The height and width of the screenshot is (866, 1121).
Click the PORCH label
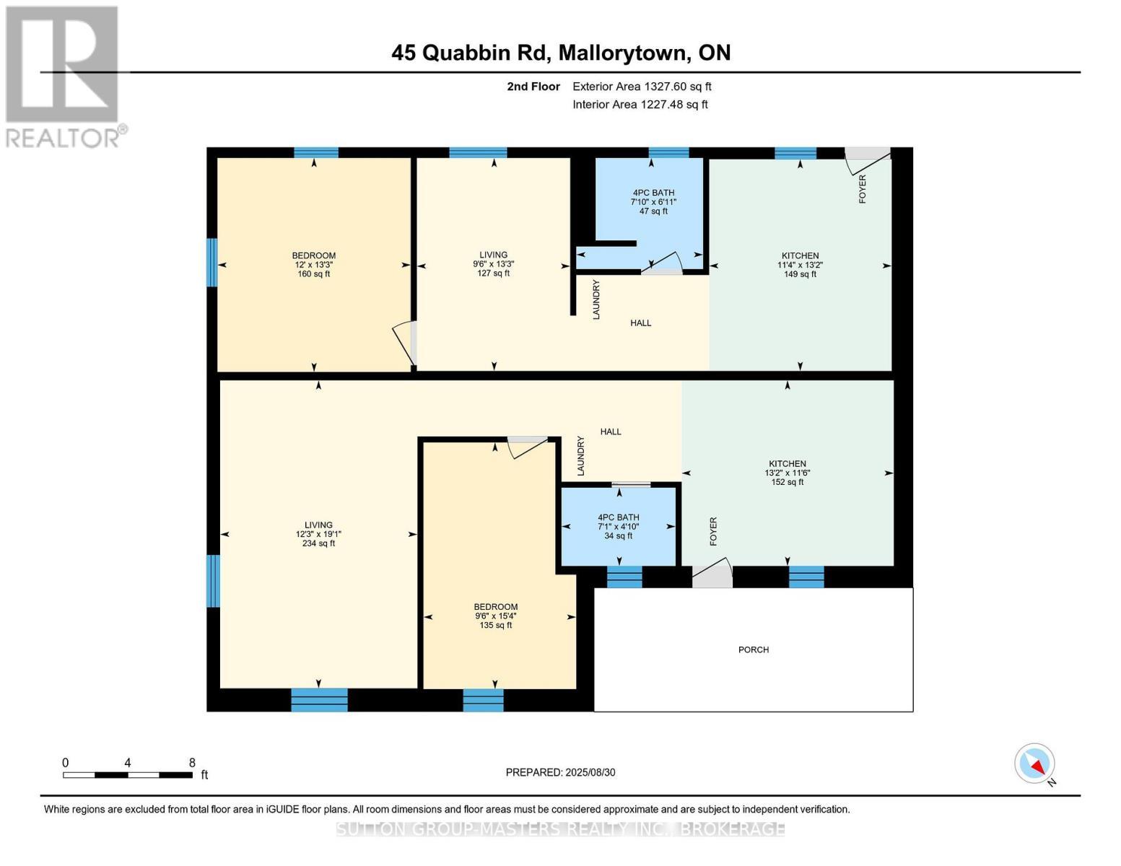tap(753, 649)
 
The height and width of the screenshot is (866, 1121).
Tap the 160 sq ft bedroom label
tap(313, 265)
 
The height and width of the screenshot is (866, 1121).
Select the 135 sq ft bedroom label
tap(495, 616)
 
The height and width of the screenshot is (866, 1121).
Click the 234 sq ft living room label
tap(318, 534)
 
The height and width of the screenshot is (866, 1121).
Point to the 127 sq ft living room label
tap(493, 264)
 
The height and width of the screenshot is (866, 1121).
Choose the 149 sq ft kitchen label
tap(800, 265)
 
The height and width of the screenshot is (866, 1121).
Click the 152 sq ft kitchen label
tap(787, 473)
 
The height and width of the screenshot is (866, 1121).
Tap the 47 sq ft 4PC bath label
tap(653, 201)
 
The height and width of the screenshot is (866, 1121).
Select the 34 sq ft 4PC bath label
tap(618, 526)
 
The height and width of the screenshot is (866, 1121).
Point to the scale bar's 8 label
tap(192, 763)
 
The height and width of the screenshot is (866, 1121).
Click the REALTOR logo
tap(64, 76)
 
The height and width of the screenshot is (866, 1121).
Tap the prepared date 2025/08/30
tap(560, 772)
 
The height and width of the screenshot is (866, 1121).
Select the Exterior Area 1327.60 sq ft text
tap(642, 87)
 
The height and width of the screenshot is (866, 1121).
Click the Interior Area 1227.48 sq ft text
tap(640, 105)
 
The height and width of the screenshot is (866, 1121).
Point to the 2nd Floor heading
tap(533, 87)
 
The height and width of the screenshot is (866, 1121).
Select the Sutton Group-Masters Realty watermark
tap(560, 829)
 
